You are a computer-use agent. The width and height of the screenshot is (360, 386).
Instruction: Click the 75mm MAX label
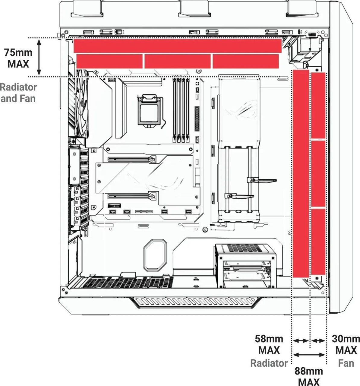click(x=18, y=58)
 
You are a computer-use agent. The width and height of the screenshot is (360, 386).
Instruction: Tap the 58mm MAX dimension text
click(x=269, y=344)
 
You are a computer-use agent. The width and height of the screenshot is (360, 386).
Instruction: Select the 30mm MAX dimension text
click(x=346, y=344)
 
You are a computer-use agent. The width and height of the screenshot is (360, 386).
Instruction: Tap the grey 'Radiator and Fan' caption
click(x=18, y=93)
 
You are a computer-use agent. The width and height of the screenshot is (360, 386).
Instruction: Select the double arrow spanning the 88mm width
click(x=309, y=355)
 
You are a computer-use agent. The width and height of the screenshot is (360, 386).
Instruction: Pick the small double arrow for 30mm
click(x=318, y=341)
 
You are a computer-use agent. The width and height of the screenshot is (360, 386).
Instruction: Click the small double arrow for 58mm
click(x=301, y=341)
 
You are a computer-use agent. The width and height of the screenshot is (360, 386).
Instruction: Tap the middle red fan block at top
click(x=177, y=62)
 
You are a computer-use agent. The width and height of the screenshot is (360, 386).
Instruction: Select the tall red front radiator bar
click(x=301, y=173)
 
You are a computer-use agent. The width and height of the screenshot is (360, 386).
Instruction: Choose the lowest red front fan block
click(x=318, y=242)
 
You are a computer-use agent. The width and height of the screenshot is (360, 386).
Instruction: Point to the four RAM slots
click(x=181, y=110)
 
